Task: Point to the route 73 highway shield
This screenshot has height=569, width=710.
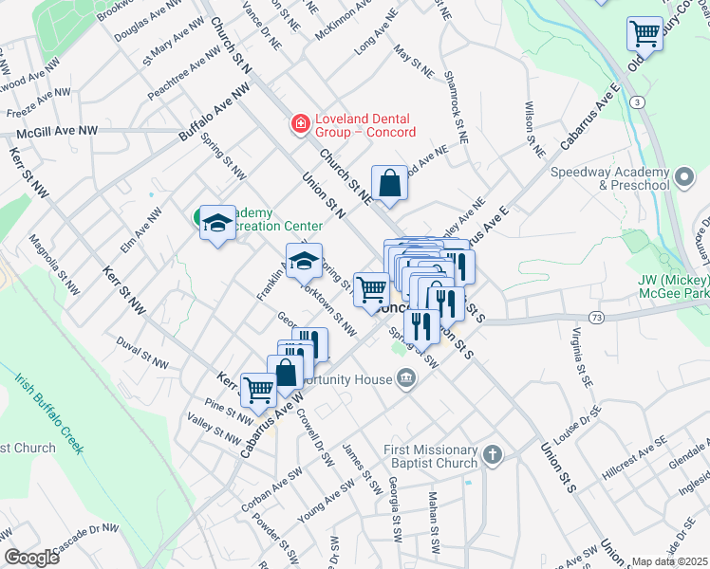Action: (x=597, y=316)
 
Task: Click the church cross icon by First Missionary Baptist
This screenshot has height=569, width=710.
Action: (x=491, y=455)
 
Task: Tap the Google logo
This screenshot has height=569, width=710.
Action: (x=31, y=557)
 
